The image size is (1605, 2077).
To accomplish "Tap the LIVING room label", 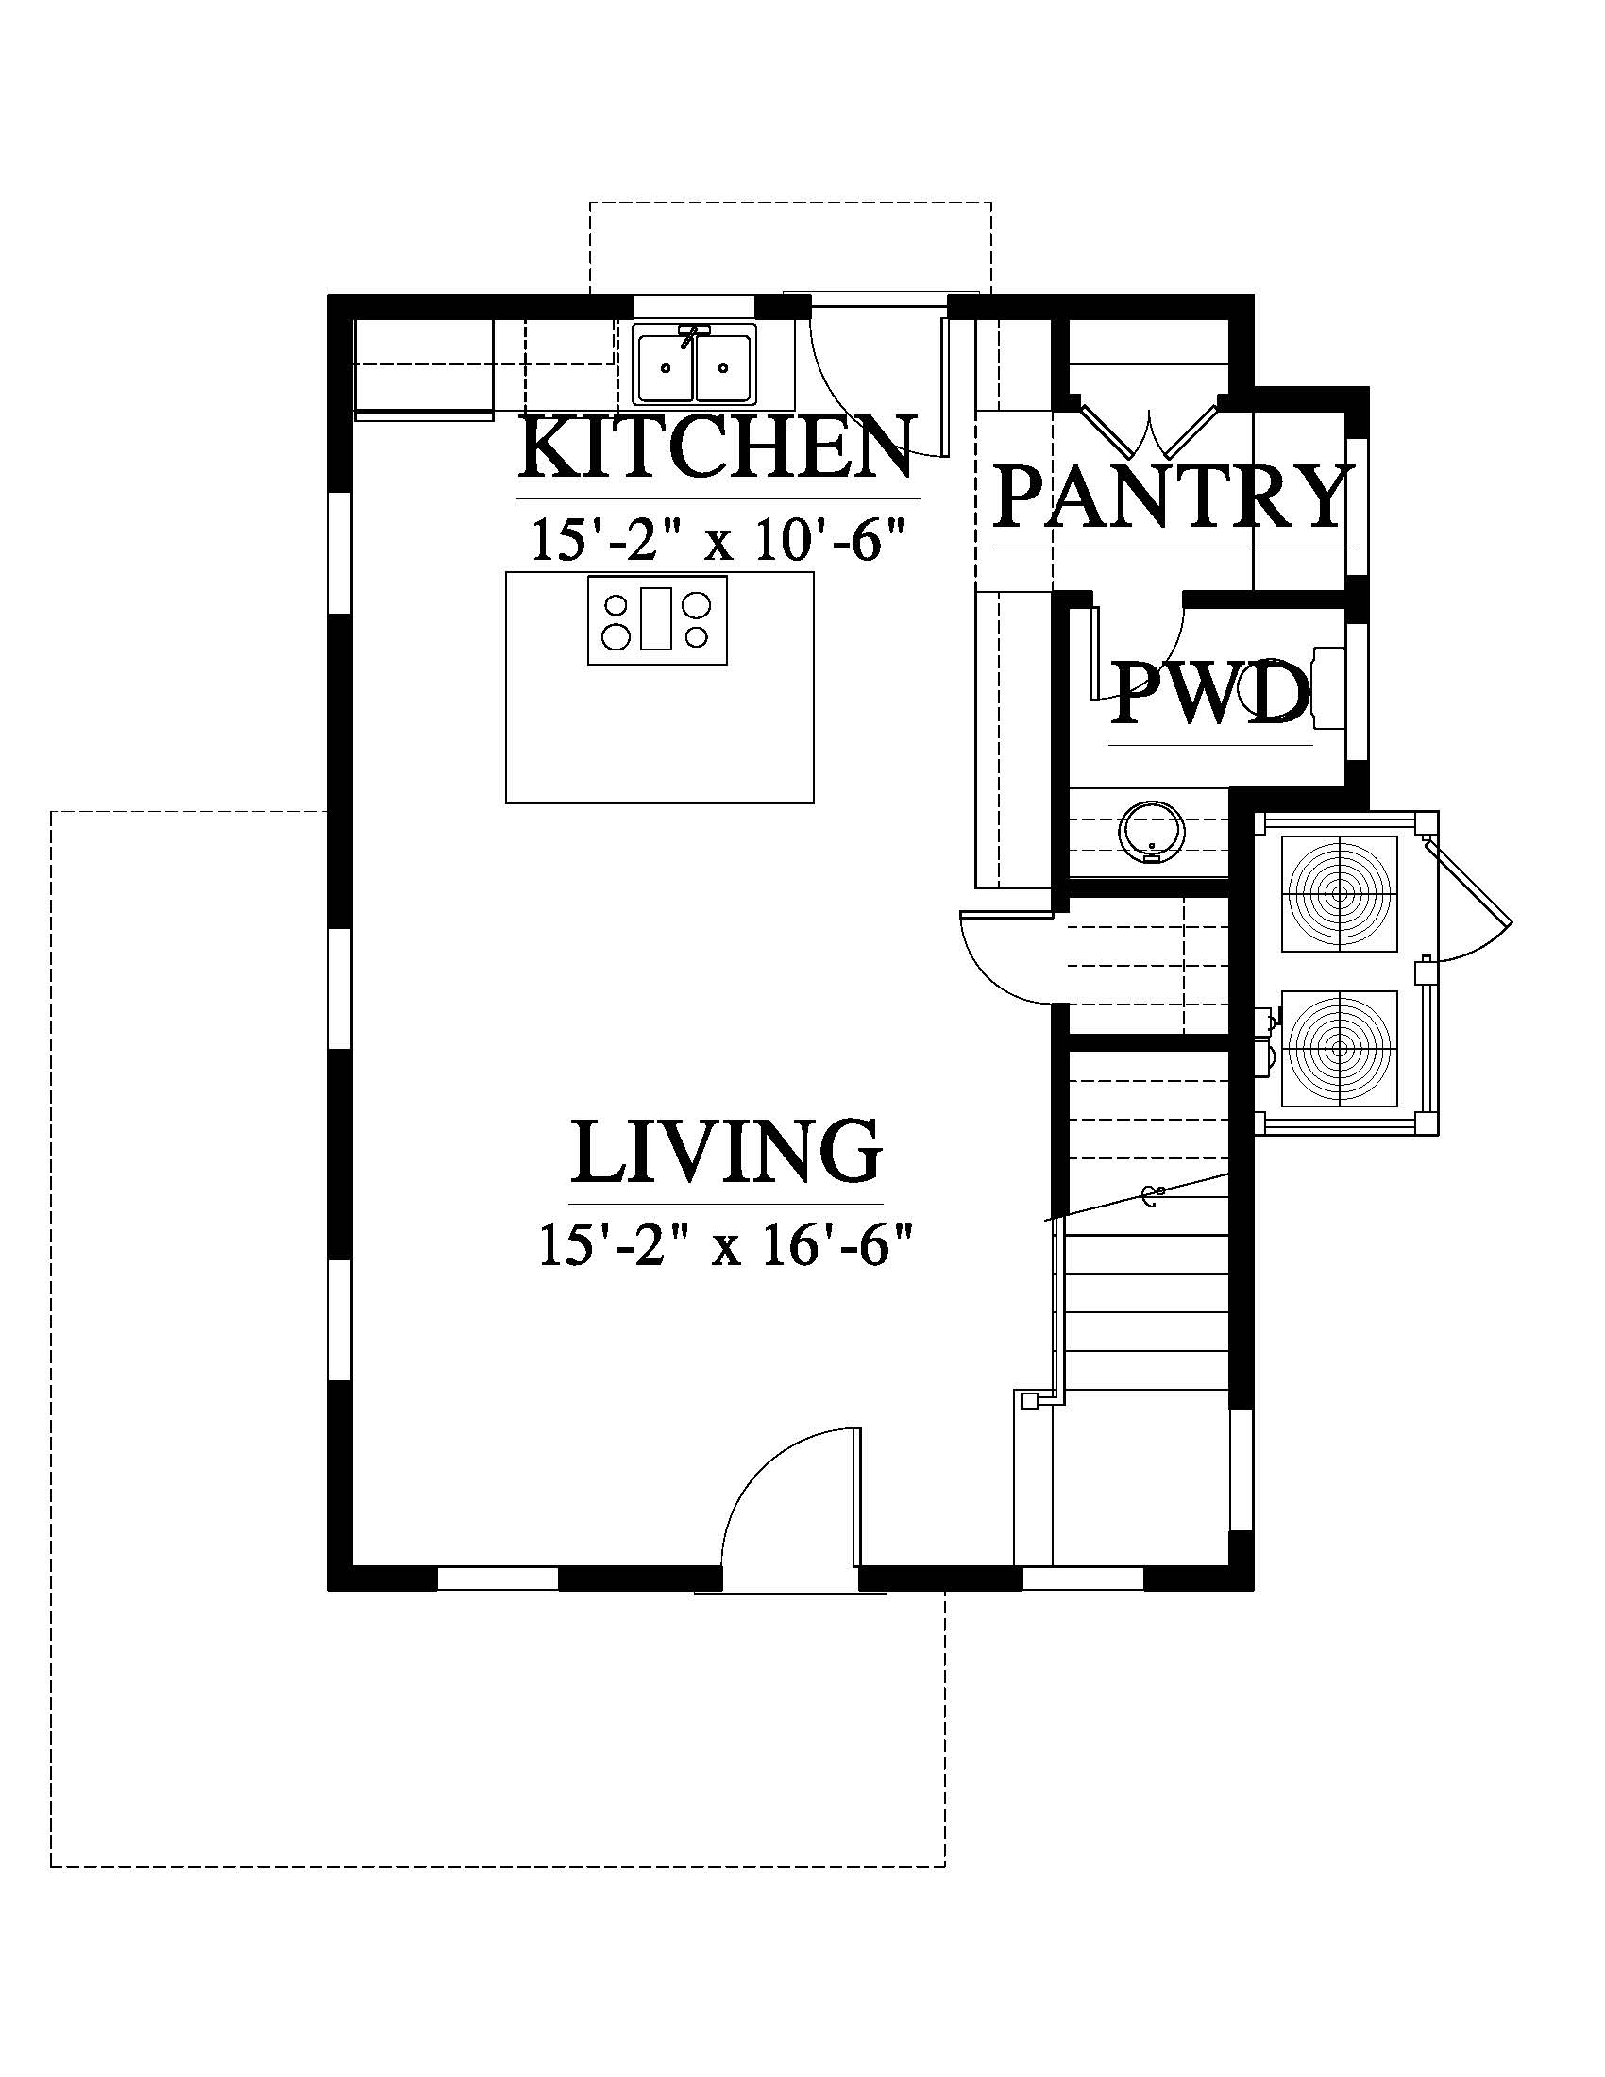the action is [726, 1151].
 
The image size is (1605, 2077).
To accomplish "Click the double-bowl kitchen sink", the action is [695, 364].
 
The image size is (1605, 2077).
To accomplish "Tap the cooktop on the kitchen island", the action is [657, 620].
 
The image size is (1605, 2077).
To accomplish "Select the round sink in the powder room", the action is [1151, 832].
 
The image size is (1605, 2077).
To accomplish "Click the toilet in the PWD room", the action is [1328, 688].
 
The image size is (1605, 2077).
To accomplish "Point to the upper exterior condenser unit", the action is [1340, 894].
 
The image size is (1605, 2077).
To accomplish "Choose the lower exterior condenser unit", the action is [1340, 1049].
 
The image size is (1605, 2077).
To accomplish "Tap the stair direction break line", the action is [1139, 1196].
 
